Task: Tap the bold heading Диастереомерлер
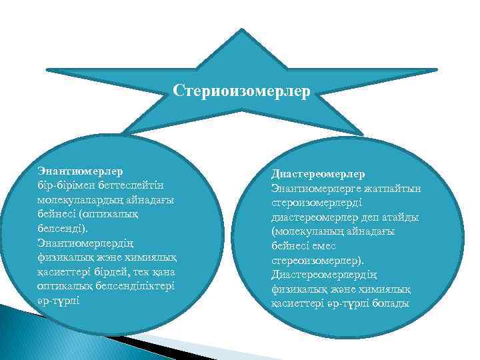pos(317,173)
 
